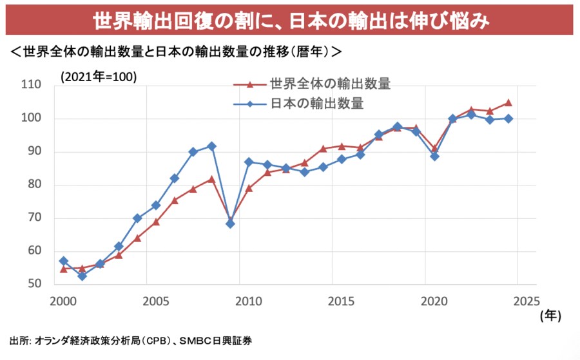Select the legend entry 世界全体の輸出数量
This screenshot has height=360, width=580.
click(x=331, y=84)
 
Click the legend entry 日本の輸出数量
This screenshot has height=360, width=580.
click(x=317, y=103)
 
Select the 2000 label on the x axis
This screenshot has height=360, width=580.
click(x=63, y=300)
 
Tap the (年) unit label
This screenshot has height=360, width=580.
click(x=551, y=316)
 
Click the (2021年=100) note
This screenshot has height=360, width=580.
click(x=99, y=76)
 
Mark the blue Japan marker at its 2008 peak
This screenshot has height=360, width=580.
click(x=211, y=146)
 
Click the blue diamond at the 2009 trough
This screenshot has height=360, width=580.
click(x=230, y=223)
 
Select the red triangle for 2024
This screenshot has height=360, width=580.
click(x=508, y=102)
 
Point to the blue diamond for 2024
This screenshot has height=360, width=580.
click(x=508, y=118)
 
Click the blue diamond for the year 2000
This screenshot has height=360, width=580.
click(x=63, y=261)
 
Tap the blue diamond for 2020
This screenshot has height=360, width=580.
click(x=434, y=156)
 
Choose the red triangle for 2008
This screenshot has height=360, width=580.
click(x=211, y=179)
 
